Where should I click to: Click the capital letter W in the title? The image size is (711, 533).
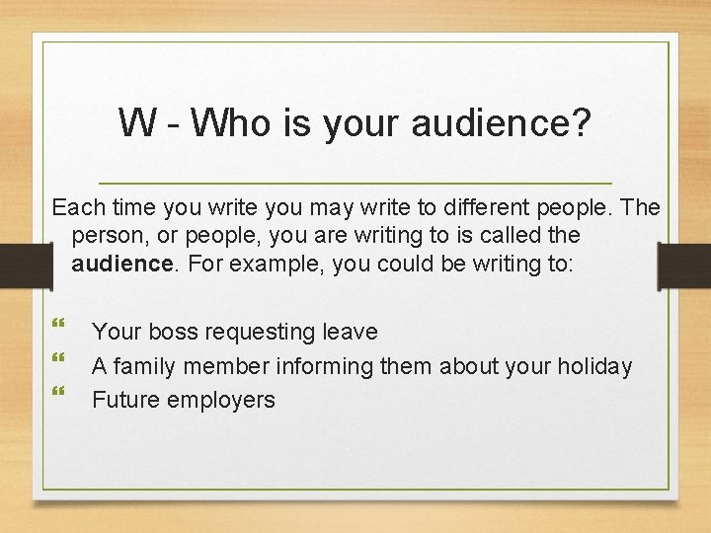tap(135, 123)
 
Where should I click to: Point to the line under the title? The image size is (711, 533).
tap(355, 184)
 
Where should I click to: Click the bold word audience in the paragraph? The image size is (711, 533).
tap(120, 265)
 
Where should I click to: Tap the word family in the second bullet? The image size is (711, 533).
tap(148, 366)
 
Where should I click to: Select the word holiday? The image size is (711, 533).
tap(592, 366)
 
